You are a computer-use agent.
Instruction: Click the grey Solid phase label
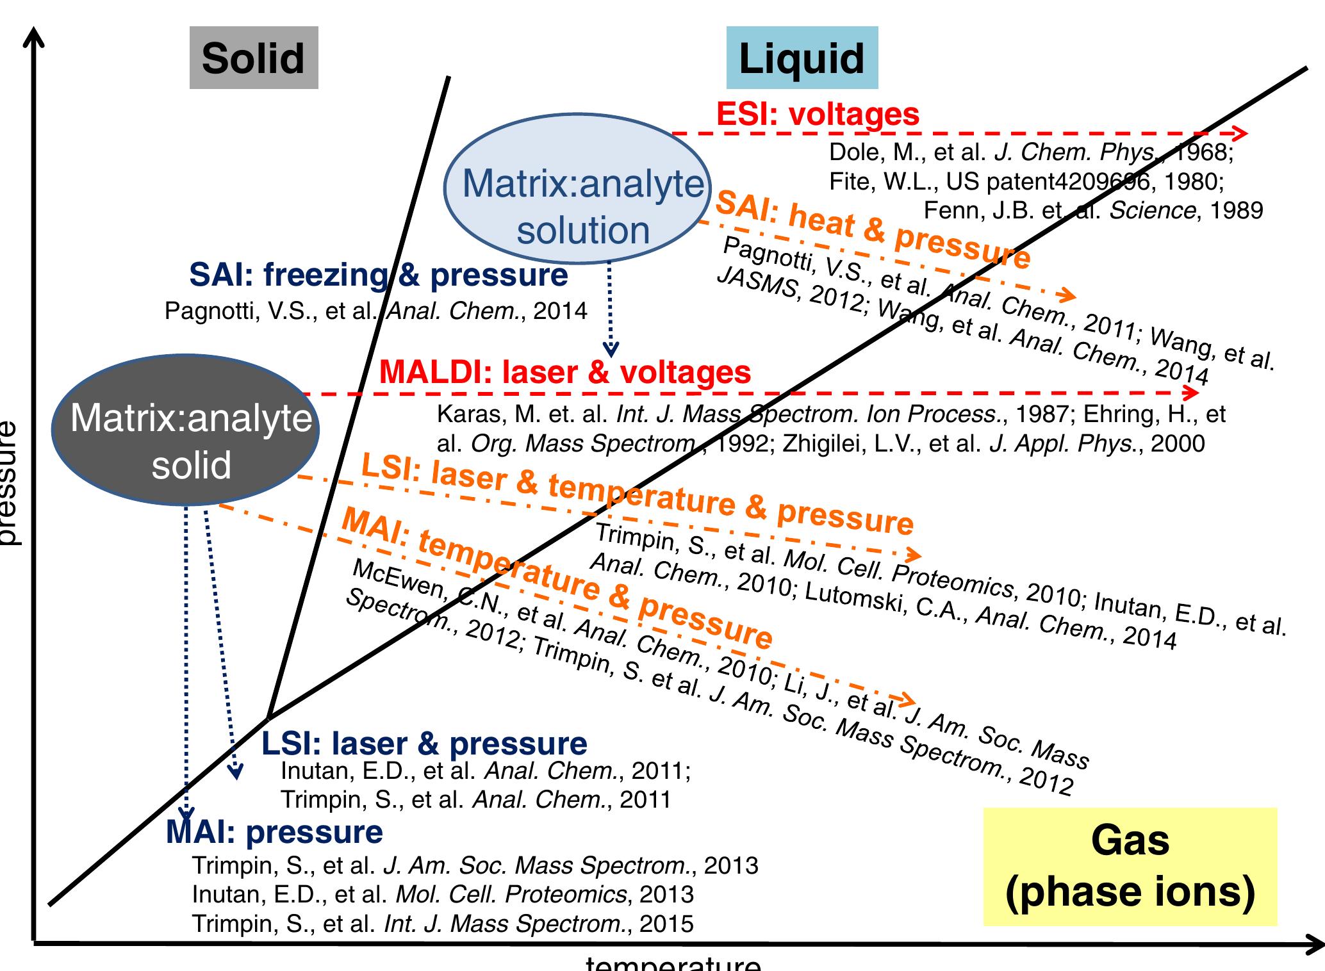tap(254, 58)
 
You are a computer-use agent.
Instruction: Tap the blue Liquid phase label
tap(802, 58)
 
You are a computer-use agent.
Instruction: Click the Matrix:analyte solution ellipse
tap(574, 189)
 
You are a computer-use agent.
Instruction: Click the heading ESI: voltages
tap(818, 115)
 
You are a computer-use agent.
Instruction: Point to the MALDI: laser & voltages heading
tap(565, 372)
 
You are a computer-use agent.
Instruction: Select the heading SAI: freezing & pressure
tap(378, 275)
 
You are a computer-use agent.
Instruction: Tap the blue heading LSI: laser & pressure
tap(424, 743)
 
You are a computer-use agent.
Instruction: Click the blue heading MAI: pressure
tap(274, 832)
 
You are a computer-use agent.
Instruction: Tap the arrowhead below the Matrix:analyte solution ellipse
tap(611, 349)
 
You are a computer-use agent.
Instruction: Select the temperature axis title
tap(673, 963)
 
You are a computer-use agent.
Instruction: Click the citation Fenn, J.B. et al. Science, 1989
tap(1093, 211)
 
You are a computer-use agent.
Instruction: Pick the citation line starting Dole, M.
tap(1031, 152)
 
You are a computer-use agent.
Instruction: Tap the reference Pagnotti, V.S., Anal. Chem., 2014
tap(376, 311)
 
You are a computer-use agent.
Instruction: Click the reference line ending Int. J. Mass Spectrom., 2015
tap(443, 924)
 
